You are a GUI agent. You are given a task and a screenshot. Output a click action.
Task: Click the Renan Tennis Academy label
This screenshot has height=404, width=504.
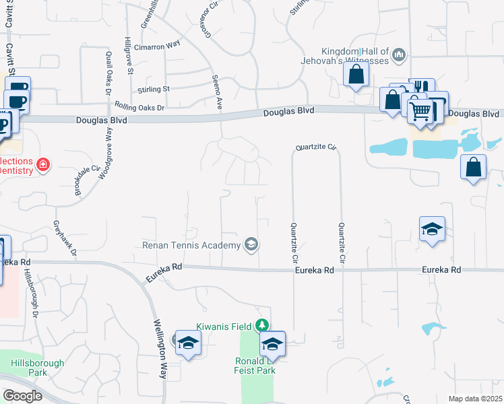point(191,244)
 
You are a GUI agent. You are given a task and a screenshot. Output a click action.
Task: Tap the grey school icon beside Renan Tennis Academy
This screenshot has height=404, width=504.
point(251,244)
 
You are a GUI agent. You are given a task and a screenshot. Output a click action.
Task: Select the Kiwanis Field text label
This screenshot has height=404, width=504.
point(224,327)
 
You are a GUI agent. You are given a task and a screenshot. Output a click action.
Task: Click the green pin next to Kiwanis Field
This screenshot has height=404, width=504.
point(263,326)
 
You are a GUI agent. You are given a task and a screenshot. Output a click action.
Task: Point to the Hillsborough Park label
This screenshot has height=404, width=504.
point(38,368)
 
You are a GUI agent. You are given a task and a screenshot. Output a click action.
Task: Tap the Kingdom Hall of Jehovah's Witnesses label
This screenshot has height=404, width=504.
point(355,56)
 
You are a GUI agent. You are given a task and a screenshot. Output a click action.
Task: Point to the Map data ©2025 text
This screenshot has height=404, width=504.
point(475,399)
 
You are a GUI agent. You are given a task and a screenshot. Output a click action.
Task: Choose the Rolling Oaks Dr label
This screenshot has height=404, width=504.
point(139,107)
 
